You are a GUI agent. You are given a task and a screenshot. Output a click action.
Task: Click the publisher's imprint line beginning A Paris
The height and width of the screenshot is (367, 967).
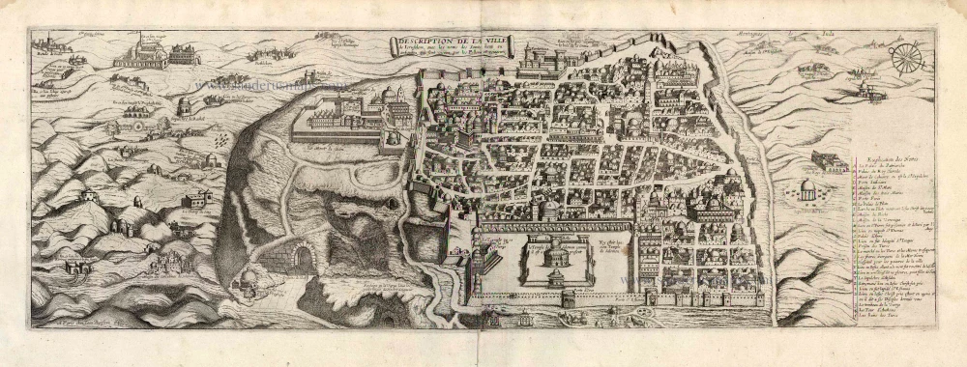tap(77, 330)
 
